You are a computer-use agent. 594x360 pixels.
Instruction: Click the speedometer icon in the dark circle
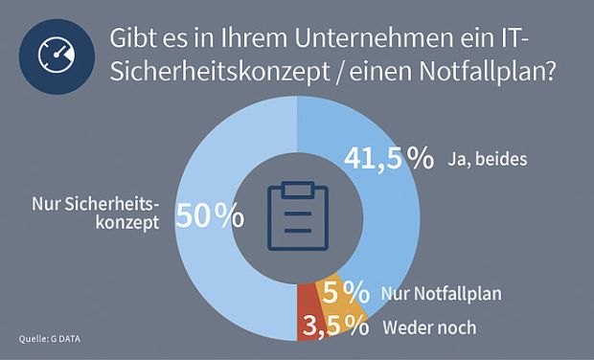pos(56,56)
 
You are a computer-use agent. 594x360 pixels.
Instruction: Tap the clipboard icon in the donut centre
pos(296,212)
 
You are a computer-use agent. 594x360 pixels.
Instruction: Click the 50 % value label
pos(209,215)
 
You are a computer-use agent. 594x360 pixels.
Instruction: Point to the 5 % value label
pos(346,291)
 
